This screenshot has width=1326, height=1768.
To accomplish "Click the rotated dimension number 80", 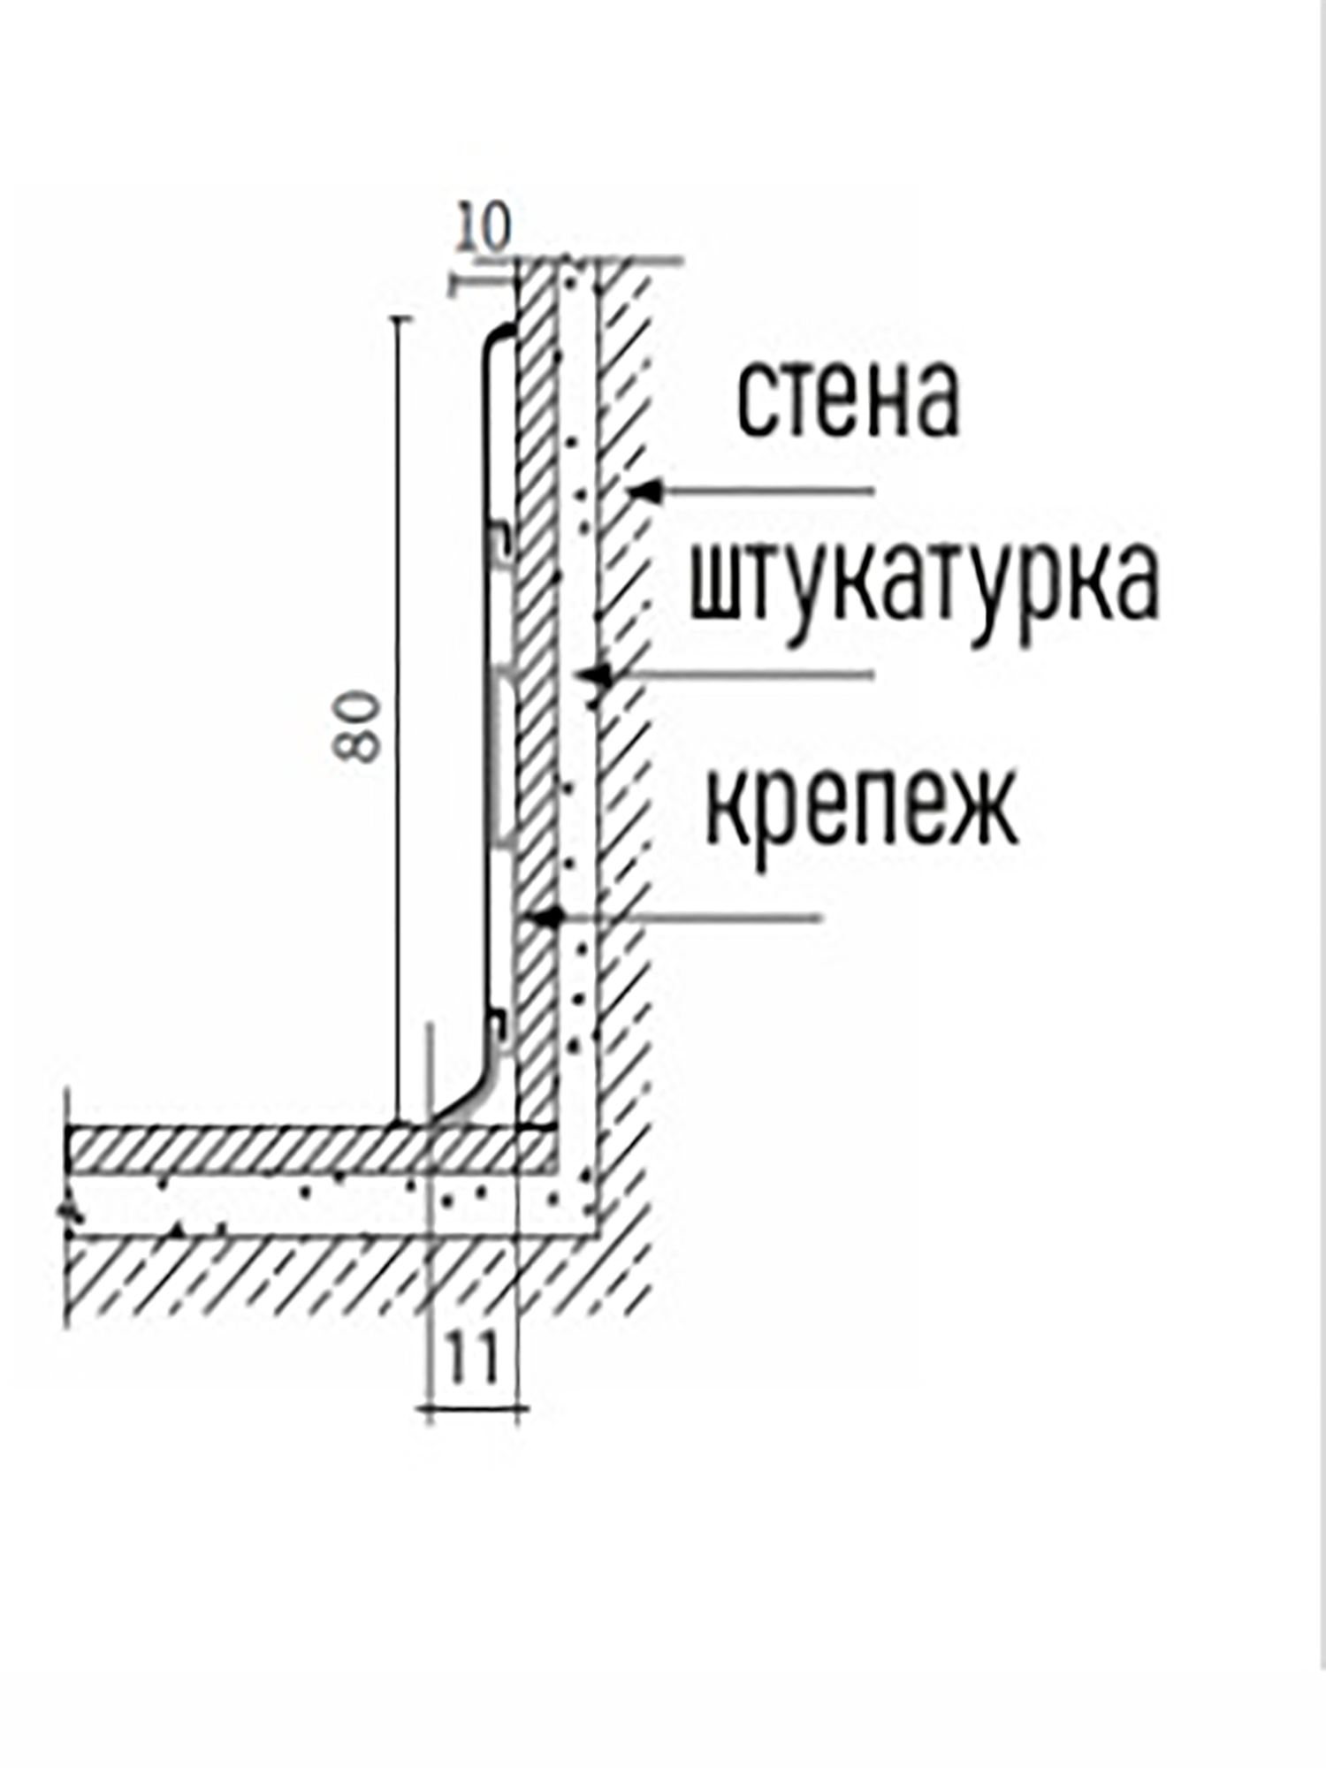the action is (358, 727).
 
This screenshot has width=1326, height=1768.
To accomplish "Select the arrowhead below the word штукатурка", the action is (596, 675).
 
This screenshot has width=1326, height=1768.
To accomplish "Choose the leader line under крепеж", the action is (690, 918).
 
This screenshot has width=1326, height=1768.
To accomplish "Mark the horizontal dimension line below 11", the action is (473, 1406).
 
